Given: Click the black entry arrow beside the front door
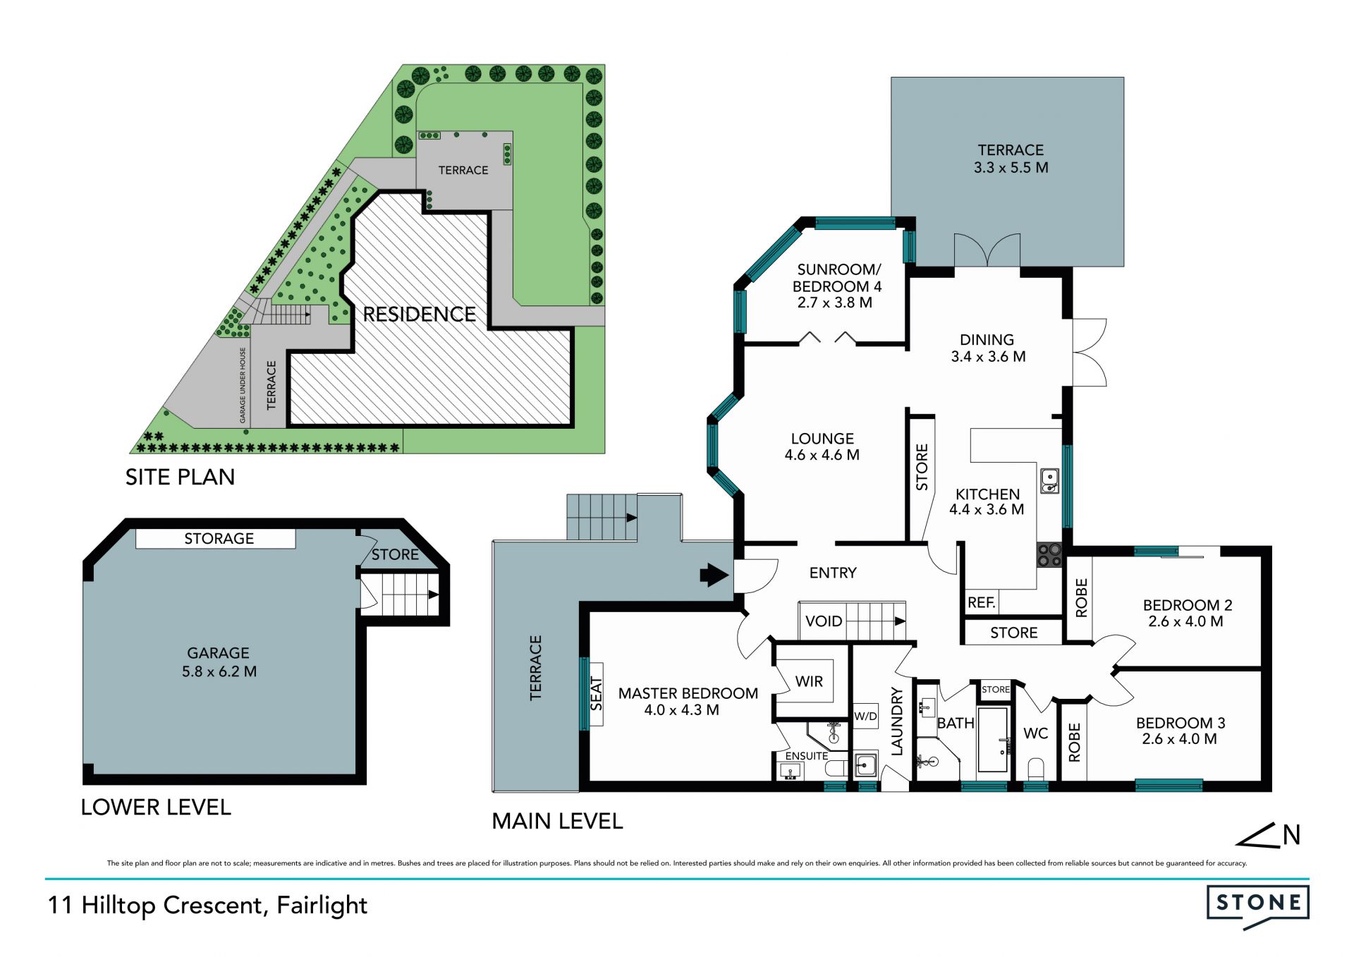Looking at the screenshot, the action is click(714, 575).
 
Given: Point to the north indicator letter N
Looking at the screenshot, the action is click(1291, 835).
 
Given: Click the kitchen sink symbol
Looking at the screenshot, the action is click(1049, 480).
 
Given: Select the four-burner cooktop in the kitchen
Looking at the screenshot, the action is click(1049, 554).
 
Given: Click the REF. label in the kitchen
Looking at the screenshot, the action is click(981, 602).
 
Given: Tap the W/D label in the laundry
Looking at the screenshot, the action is click(865, 717).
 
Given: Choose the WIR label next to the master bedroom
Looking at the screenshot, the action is click(809, 681).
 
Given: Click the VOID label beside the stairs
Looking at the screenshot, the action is click(824, 621).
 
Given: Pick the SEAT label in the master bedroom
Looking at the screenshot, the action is click(596, 694).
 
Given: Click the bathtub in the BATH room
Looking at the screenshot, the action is click(993, 739).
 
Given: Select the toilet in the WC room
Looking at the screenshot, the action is click(1035, 768).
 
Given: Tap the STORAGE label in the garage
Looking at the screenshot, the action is click(219, 539).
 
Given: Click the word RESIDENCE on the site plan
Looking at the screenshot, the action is click(419, 315).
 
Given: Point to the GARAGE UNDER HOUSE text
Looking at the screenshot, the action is click(243, 385).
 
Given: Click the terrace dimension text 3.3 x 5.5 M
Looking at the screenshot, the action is click(1011, 168).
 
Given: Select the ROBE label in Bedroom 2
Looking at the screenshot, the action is click(1081, 598).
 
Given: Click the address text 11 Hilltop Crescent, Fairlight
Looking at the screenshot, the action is click(207, 906).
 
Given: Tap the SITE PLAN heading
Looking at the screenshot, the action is click(180, 477).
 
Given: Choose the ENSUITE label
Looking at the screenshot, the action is click(807, 756).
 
